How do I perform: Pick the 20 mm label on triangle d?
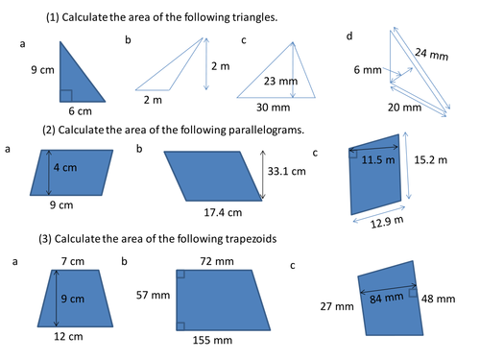pos(405,108)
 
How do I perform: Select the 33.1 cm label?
pos(283,173)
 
